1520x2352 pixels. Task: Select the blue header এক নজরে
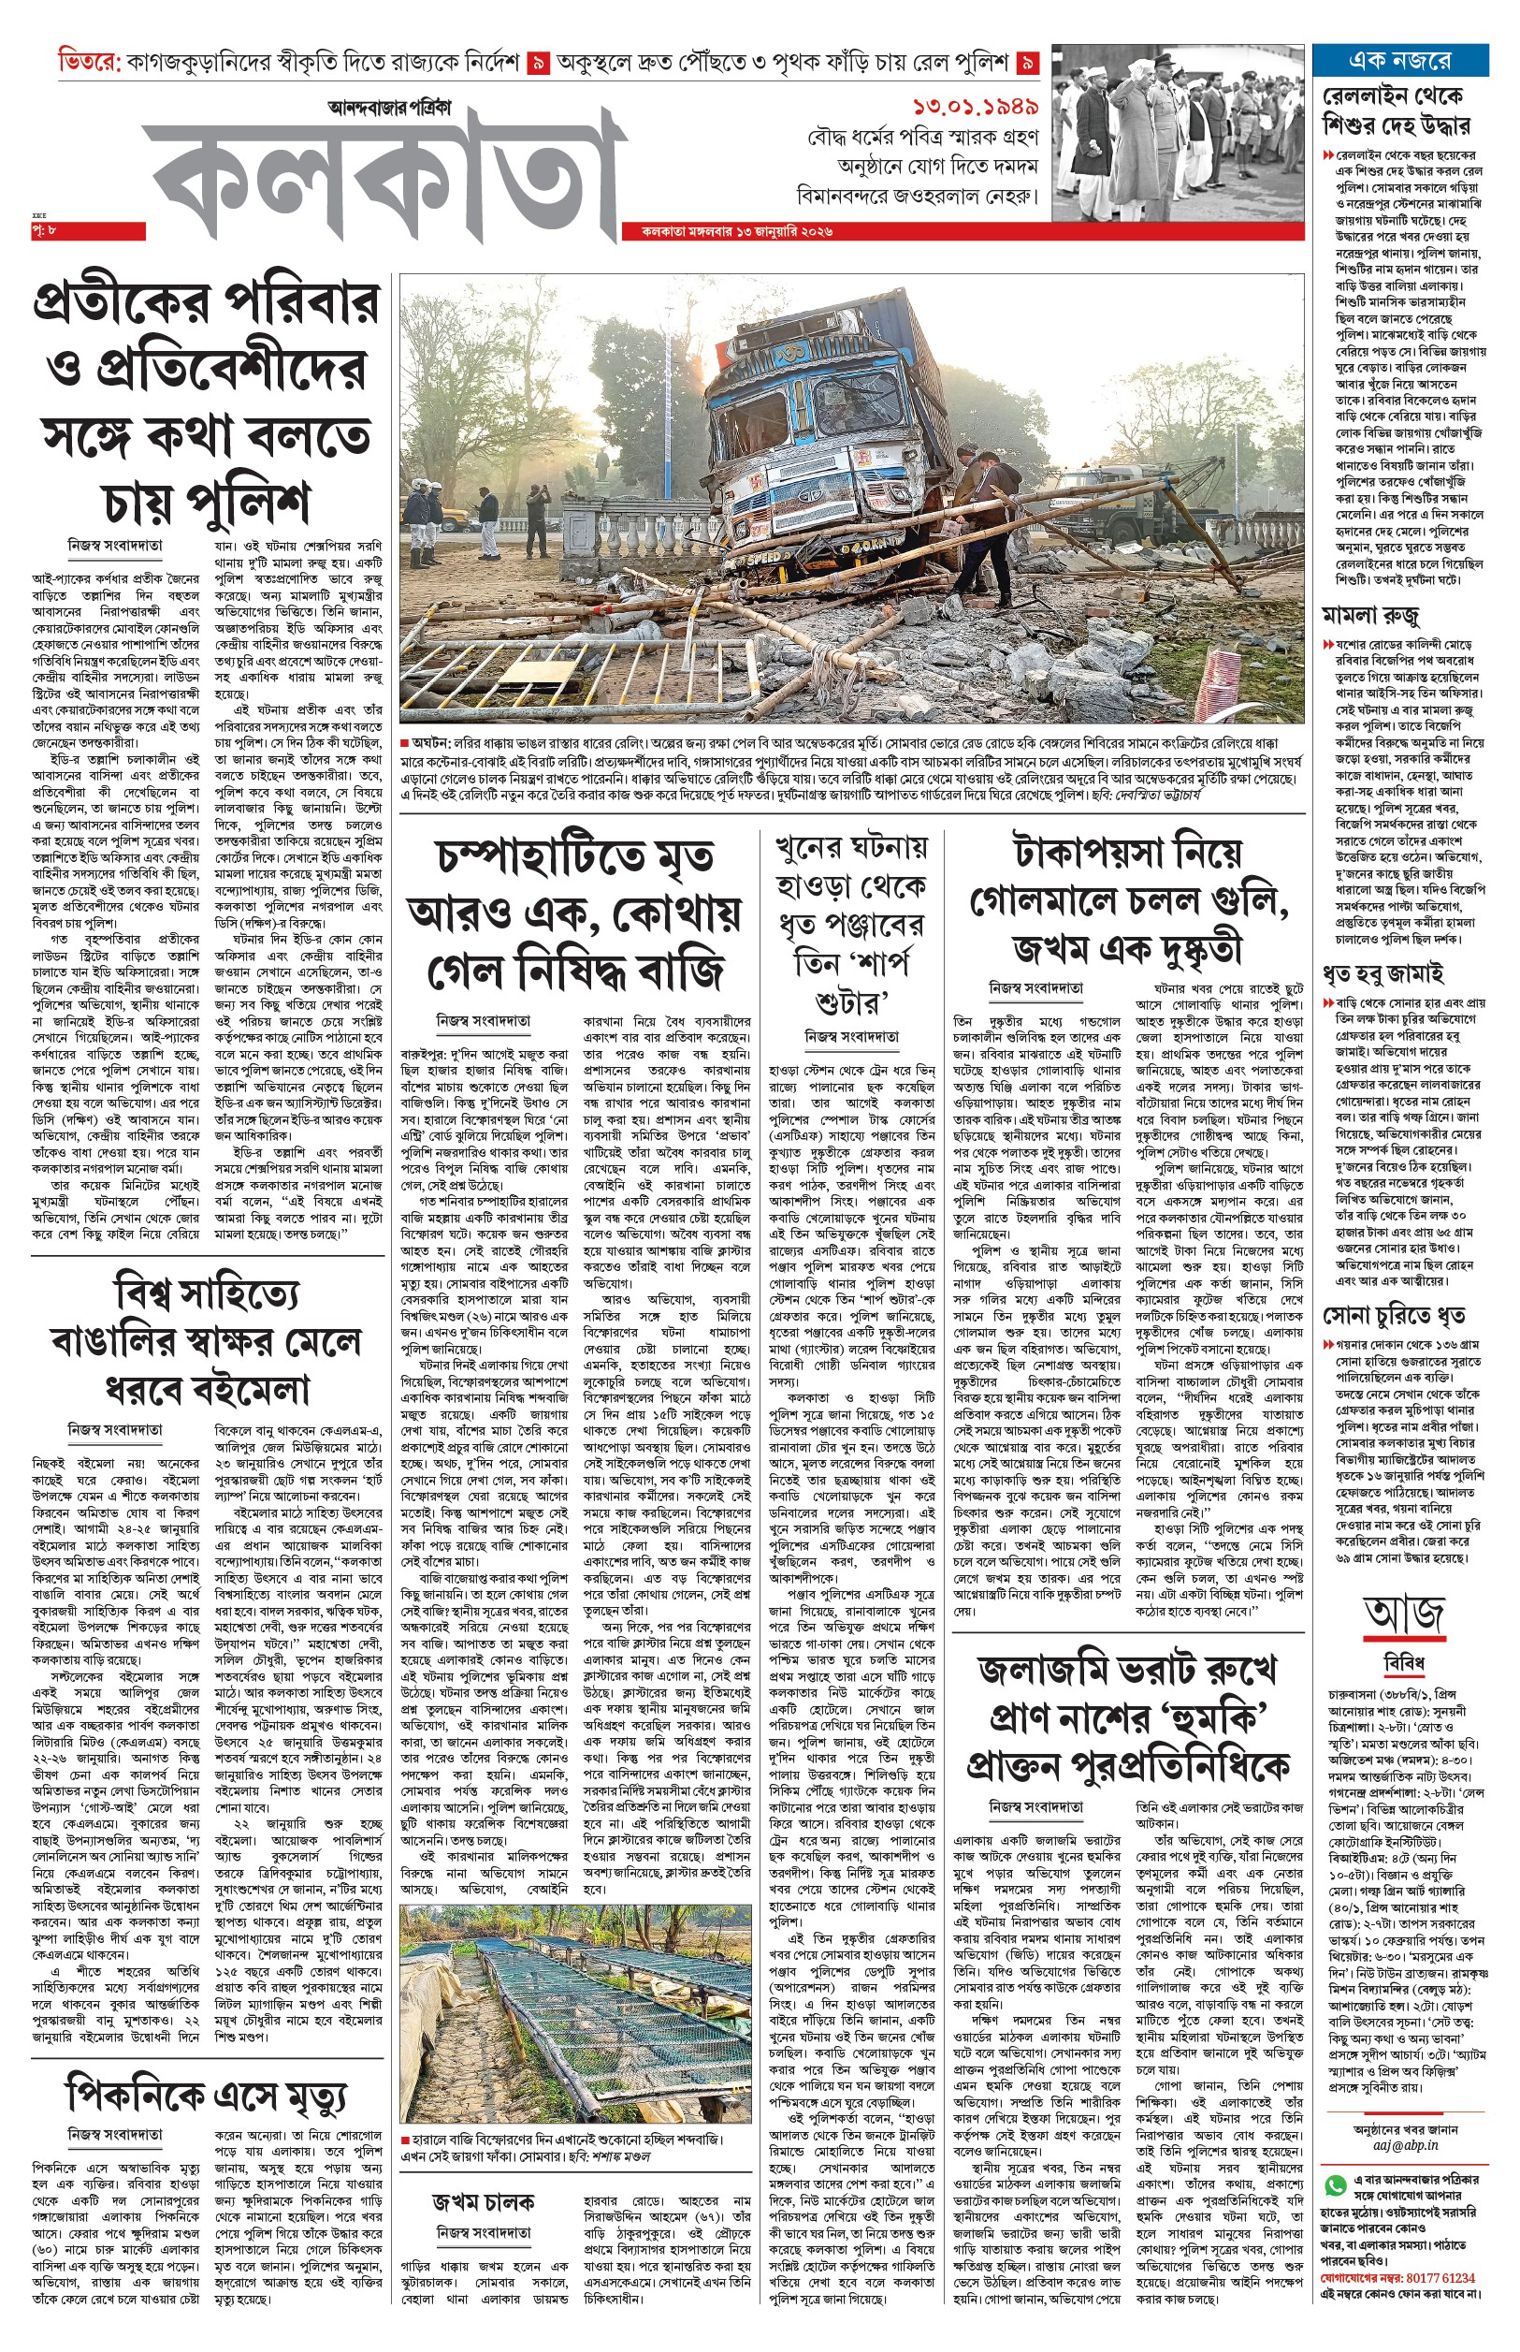pos(1399,60)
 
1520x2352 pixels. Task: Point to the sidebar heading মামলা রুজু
pos(1371,616)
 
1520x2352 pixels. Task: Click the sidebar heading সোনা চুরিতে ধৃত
pos(1394,1315)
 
